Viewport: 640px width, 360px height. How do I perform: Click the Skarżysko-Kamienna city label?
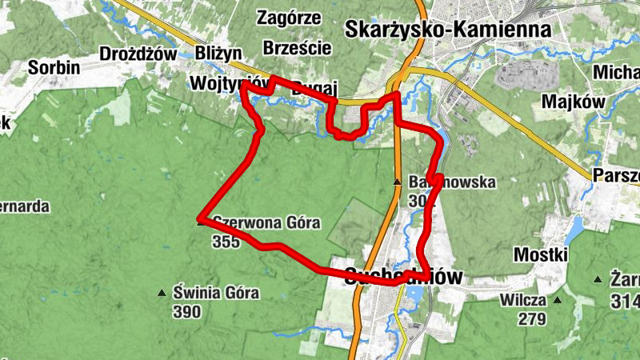[448, 30]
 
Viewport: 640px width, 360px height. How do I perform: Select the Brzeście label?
[297, 47]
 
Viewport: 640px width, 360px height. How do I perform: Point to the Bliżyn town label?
[218, 54]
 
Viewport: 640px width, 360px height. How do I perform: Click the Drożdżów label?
[138, 54]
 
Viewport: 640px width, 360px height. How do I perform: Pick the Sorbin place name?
[54, 68]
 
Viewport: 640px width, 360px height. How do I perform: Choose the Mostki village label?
[541, 254]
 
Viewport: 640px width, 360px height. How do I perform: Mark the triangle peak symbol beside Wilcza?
[558, 301]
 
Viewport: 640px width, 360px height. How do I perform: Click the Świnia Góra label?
[216, 293]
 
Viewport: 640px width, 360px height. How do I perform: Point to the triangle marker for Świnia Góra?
[162, 293]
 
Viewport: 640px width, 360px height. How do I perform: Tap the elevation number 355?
[226, 242]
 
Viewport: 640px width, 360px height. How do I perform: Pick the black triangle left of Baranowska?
[397, 183]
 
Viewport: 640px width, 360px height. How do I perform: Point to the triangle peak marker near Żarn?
[597, 280]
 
